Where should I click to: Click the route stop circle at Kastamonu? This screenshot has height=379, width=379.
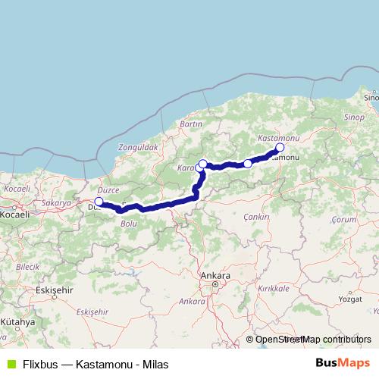pyautogui.click(x=280, y=147)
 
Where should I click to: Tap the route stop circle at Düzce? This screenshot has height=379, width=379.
pyautogui.click(x=99, y=202)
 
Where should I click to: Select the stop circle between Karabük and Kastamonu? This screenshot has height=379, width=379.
pyautogui.click(x=248, y=164)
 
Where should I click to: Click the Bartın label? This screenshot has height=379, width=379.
pyautogui.click(x=190, y=124)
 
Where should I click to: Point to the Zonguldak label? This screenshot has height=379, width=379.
pyautogui.click(x=137, y=146)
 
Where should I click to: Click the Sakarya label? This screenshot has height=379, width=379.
pyautogui.click(x=55, y=203)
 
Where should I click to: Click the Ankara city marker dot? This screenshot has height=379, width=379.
pyautogui.click(x=215, y=285)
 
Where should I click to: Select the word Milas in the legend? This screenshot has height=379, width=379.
pyautogui.click(x=155, y=364)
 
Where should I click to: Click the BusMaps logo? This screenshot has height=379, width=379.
pyautogui.click(x=343, y=363)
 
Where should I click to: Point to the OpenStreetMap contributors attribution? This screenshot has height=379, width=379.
pyautogui.click(x=312, y=340)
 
